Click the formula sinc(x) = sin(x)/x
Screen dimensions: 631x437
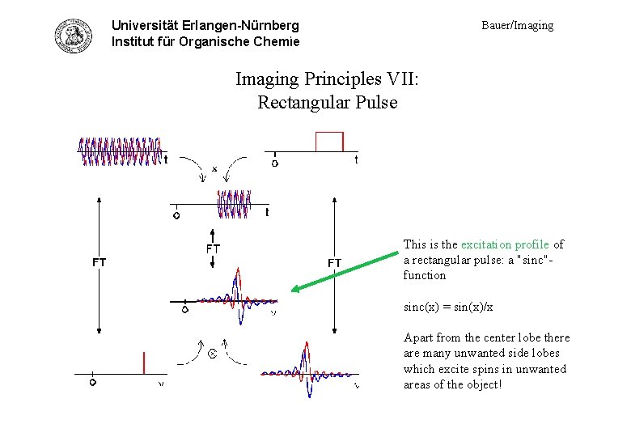(448, 308)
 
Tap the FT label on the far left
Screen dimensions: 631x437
(99, 262)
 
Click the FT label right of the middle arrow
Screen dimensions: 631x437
(333, 262)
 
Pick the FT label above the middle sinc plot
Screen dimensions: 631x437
(212, 248)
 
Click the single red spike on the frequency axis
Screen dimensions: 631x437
(143, 363)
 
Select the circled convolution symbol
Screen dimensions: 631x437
(213, 354)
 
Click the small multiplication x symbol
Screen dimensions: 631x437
(214, 168)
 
